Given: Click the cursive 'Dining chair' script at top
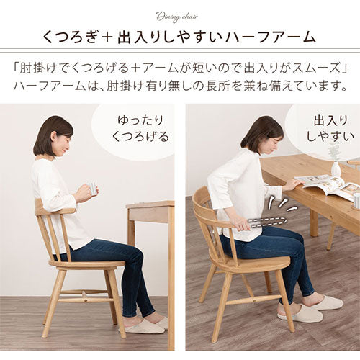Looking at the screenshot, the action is [x=177, y=17].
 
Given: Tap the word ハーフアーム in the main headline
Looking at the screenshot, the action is [x=271, y=38].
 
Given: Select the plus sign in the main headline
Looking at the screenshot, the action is [x=108, y=38].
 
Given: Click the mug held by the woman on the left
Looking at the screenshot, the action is [x=91, y=188].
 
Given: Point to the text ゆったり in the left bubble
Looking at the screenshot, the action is [x=140, y=120].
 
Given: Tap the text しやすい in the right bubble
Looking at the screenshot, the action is [x=330, y=137].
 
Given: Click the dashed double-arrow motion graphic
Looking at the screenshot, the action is [x=269, y=222].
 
